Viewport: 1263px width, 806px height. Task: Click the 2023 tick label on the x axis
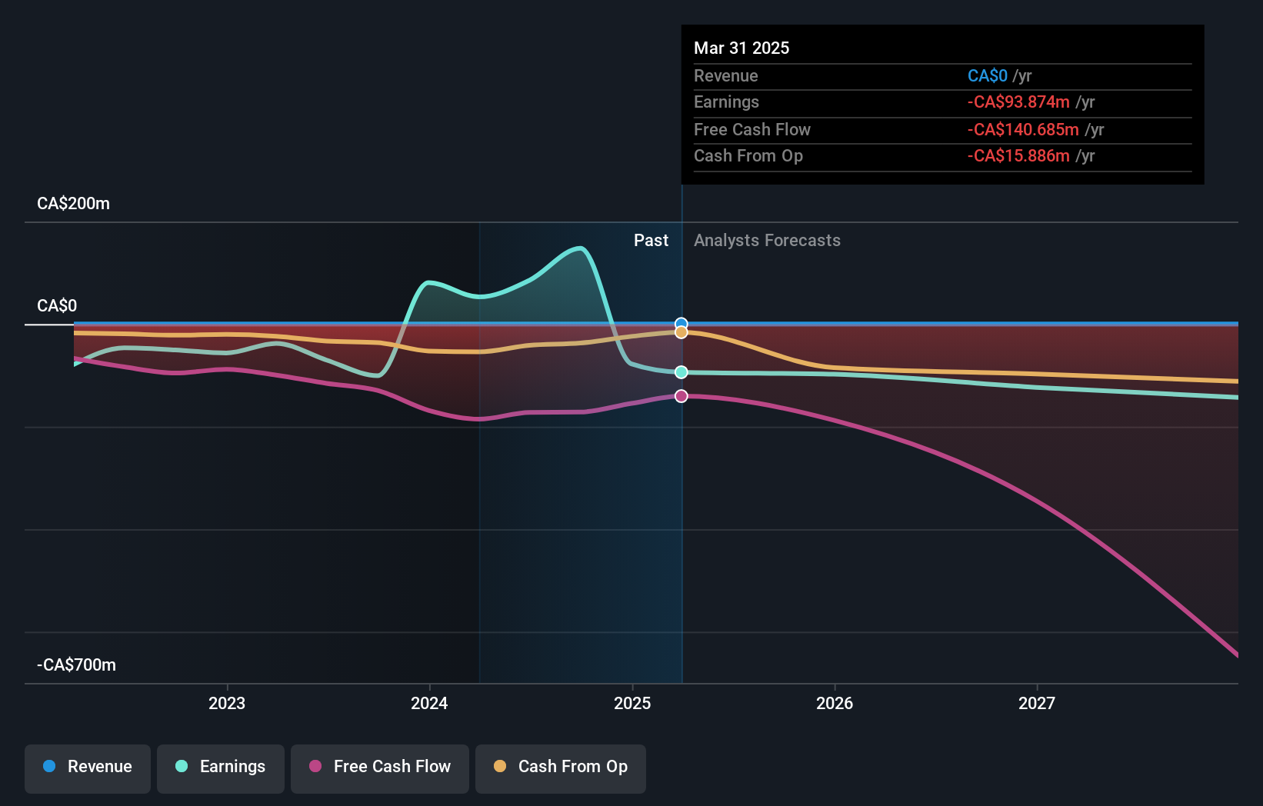[226, 703]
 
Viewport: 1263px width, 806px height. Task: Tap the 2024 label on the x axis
[429, 703]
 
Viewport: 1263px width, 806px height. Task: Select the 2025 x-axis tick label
[632, 703]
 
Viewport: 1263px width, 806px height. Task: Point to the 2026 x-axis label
[835, 703]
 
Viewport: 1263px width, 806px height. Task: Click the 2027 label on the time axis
[1037, 703]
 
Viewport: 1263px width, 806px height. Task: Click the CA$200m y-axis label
[73, 204]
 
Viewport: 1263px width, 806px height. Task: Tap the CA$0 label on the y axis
[57, 306]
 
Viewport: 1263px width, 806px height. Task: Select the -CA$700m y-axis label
[76, 665]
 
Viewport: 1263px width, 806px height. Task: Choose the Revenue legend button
[88, 767]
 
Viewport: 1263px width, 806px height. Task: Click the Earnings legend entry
[221, 767]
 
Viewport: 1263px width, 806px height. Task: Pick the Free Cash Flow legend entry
[380, 767]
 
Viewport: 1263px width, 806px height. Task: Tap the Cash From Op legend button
[561, 767]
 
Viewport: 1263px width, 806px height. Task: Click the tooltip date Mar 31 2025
[741, 48]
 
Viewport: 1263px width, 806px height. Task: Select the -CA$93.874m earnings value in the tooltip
[1018, 102]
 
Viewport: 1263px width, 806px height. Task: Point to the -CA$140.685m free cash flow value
[1023, 129]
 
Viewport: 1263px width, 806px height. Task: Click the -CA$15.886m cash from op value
[1018, 156]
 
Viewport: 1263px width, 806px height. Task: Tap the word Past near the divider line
[651, 241]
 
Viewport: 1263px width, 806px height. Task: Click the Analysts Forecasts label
[767, 241]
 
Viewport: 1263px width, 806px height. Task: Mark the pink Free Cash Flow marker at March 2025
[681, 396]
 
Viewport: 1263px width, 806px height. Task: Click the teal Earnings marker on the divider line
[681, 372]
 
